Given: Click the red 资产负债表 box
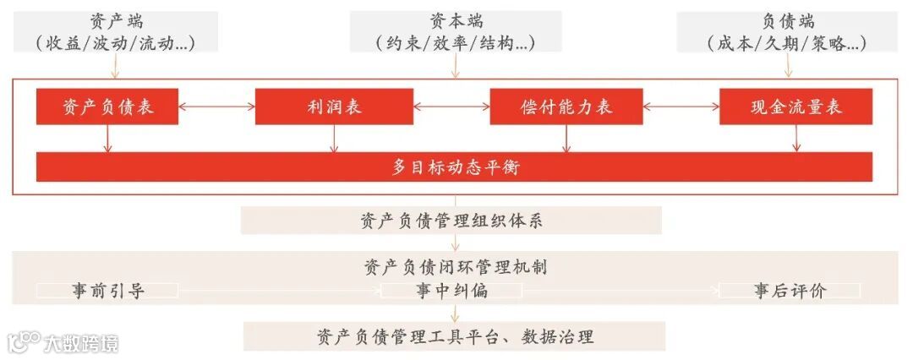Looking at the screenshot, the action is [107, 107].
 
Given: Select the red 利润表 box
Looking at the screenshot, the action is [334, 107].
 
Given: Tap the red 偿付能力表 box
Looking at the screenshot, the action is [566, 107].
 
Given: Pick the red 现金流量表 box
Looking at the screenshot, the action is [795, 107].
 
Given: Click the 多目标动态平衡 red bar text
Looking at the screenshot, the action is [455, 167].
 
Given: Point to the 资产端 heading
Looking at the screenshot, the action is [116, 21].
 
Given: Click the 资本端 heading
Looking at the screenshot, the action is [456, 21].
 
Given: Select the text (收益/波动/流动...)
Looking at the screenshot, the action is [116, 43].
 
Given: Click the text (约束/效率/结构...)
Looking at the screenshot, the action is [456, 43].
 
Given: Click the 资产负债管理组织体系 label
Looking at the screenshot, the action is [451, 221].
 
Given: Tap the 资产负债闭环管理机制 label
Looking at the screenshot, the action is [456, 267].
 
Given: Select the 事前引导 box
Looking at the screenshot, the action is [107, 292].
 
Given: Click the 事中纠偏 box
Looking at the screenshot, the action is [451, 292].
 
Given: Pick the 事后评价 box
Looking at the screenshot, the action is [790, 292].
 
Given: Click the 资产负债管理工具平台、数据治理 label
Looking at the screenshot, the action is [455, 336].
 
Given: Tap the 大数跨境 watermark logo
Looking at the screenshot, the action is [63, 342].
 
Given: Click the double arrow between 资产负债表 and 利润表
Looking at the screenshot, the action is [217, 107].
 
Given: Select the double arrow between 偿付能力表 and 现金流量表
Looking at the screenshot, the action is [681, 107].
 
